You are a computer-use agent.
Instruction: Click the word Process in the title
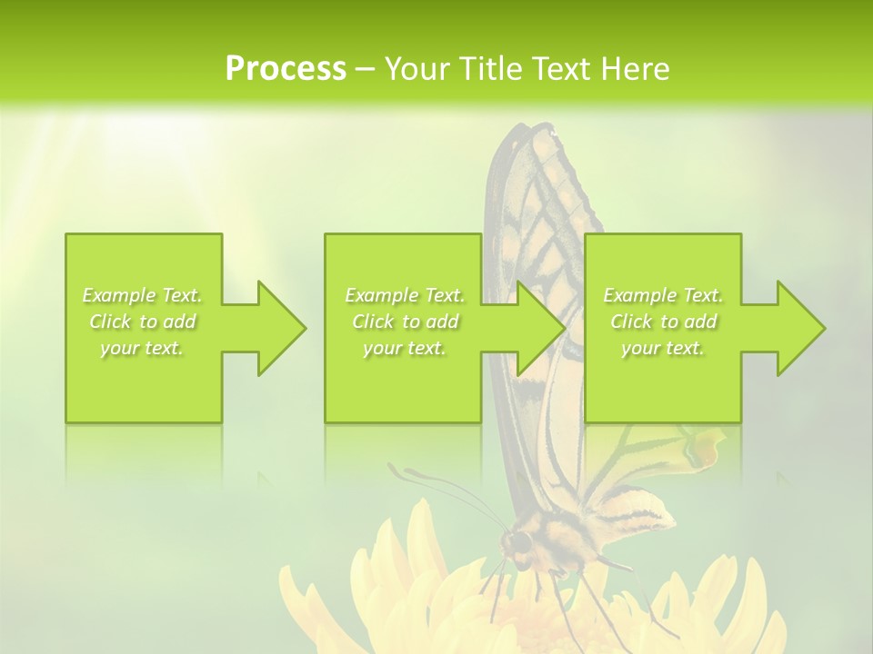click(286, 69)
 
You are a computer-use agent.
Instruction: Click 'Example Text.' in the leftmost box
click(143, 295)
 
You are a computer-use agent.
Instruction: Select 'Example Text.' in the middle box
click(405, 295)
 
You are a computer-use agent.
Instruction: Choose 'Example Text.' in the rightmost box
click(663, 295)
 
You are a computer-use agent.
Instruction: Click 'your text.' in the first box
click(143, 348)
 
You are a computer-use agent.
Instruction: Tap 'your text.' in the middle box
click(405, 348)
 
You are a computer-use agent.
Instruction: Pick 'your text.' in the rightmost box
click(663, 348)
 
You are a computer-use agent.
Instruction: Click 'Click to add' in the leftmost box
click(143, 322)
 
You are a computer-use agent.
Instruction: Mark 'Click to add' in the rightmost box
click(663, 322)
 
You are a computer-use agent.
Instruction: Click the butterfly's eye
click(518, 542)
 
